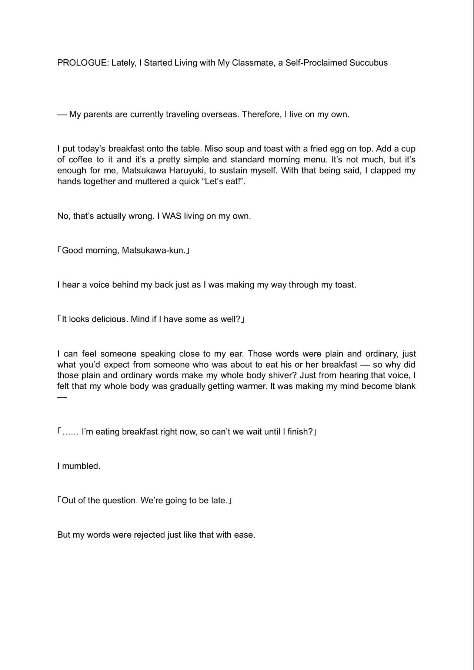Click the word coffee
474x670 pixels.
[80, 160]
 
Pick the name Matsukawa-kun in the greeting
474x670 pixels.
[153, 251]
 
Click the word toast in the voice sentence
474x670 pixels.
[345, 285]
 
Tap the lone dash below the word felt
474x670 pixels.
[62, 397]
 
